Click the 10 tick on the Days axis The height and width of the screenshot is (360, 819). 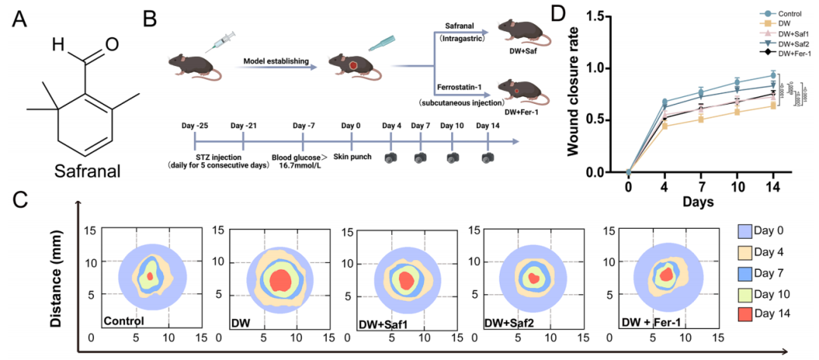pyautogui.click(x=736, y=187)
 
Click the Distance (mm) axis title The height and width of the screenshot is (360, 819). pyautogui.click(x=56, y=279)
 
